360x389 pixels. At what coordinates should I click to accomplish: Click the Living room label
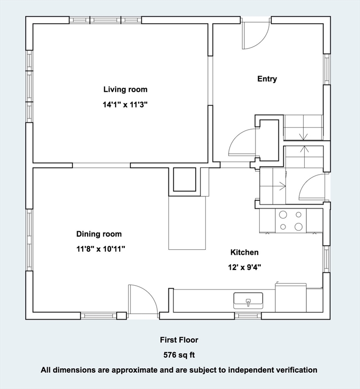125,90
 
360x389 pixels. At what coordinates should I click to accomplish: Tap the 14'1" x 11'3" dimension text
125,105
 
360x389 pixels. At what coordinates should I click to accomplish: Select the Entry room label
267,79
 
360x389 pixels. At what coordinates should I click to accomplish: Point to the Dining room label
99,234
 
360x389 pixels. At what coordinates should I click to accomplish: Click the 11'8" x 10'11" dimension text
100,249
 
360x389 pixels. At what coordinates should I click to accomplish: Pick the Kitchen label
244,252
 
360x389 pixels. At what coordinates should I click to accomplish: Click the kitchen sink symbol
248,301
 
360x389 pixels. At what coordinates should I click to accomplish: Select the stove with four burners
291,220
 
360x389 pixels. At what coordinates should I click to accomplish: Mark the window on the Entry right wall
327,69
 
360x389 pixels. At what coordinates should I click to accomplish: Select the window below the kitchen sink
248,316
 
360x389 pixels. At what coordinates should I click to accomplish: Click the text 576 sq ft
178,355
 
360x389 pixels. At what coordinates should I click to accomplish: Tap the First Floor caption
179,340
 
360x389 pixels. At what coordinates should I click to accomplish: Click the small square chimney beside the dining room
185,179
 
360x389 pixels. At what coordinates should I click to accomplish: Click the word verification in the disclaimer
296,370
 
